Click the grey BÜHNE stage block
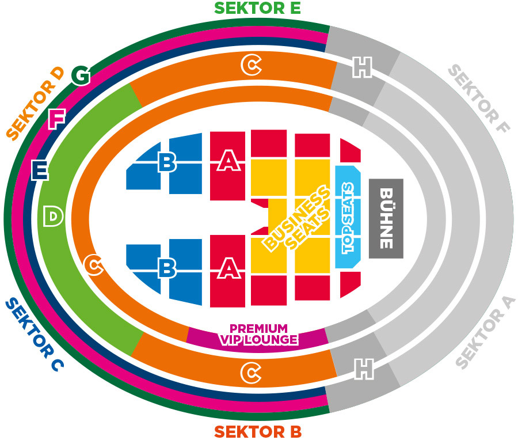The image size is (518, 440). [386, 218]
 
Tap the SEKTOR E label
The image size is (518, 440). [257, 8]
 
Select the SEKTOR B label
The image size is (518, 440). [257, 431]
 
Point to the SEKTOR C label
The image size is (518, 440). [35, 333]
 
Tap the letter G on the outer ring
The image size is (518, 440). [81, 75]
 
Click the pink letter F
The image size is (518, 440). [56, 119]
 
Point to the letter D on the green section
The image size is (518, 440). [53, 217]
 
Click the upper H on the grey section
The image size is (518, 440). [362, 69]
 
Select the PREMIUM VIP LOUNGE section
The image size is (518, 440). [259, 334]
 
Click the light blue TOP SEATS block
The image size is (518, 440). [348, 218]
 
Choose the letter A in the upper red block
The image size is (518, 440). [228, 163]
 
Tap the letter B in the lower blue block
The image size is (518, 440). [167, 268]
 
